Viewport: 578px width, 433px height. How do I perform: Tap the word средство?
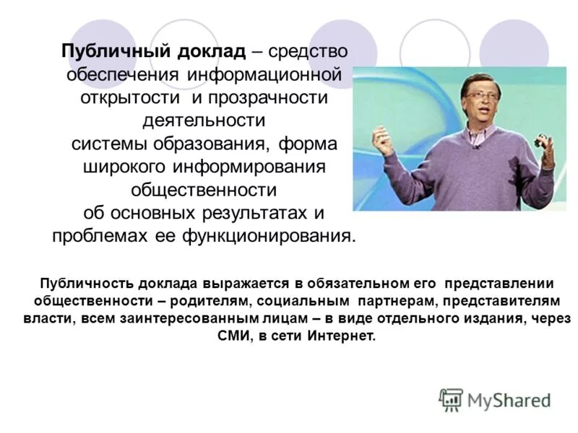(309, 53)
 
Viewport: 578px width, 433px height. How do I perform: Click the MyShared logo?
(495, 400)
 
